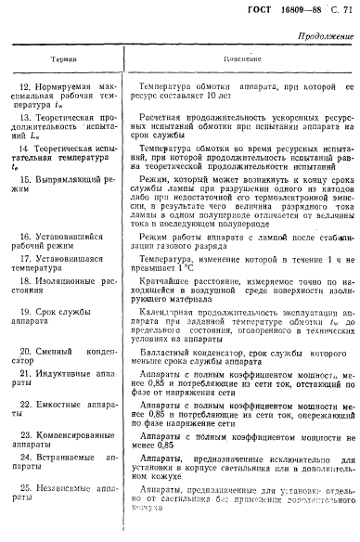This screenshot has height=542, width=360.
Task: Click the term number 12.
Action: [24, 86]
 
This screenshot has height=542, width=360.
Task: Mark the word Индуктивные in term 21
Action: [68, 346]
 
